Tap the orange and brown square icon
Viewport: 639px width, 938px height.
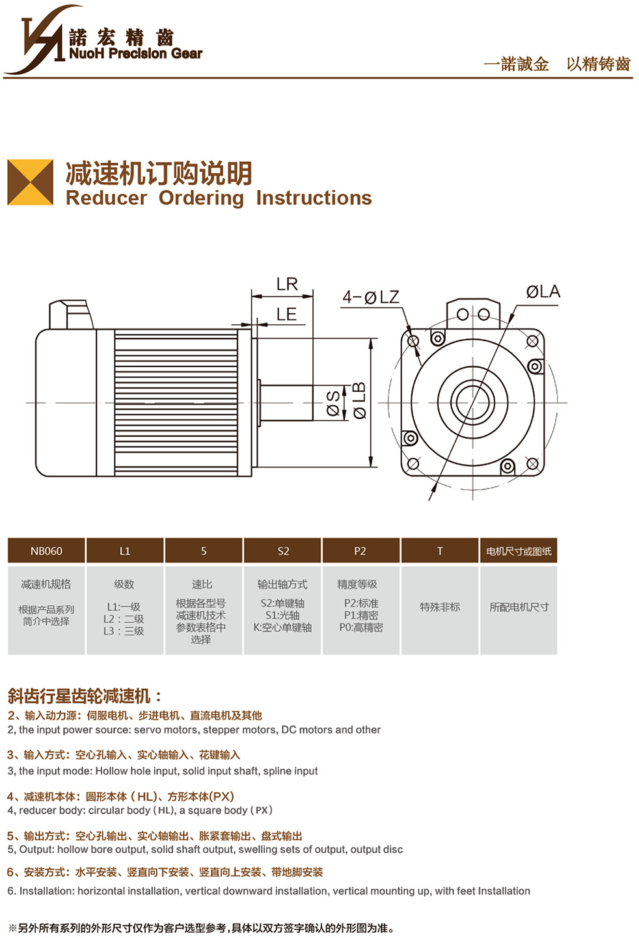coord(30,182)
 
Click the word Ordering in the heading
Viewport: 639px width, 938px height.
coord(201,198)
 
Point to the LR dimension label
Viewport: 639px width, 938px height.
coord(287,284)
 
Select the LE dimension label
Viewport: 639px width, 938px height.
coord(286,314)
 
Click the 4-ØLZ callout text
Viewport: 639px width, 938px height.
coord(371,297)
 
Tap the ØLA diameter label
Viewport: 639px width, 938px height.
coord(543,292)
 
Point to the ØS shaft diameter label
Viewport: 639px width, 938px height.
coord(333,404)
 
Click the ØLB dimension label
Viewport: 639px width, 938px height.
coord(360,400)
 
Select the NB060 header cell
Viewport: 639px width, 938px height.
coord(46,551)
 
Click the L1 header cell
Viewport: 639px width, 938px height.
coord(125,551)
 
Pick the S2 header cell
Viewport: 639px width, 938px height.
coord(283,551)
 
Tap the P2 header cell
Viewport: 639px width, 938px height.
coord(360,551)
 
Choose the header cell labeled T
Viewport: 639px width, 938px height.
coord(440,551)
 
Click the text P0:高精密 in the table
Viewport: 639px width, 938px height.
coord(361,628)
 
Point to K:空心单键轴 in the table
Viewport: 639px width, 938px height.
coord(282,628)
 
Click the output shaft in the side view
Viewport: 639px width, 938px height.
coord(286,402)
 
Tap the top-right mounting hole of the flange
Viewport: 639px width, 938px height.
coord(532,341)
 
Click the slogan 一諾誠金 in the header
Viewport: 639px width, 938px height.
coord(516,64)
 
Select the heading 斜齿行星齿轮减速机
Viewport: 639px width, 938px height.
coord(79,696)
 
